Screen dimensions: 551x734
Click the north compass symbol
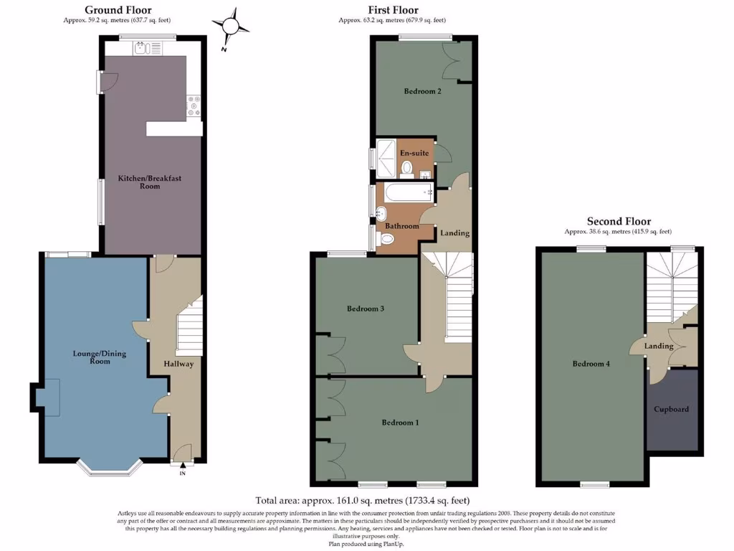230,27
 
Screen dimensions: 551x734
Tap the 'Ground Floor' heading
118,10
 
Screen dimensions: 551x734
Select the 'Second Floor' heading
619,222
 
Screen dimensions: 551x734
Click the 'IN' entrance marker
182,474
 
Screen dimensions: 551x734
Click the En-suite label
414,154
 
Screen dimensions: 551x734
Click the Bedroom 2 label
422,91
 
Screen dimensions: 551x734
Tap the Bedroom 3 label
366,309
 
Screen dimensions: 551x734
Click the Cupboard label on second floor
672,409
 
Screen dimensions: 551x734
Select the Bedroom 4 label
591,364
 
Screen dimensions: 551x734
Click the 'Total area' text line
362,500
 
